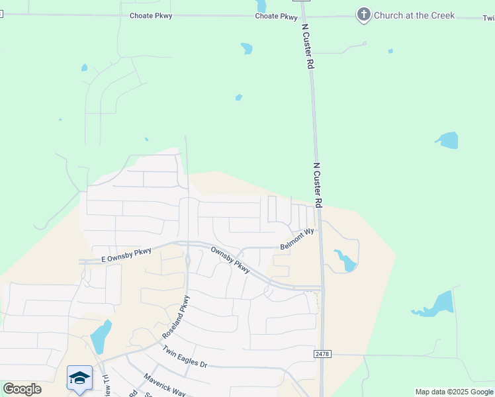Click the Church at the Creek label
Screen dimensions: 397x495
coord(414,15)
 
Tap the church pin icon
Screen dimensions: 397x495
coord(363,14)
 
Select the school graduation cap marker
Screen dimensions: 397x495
coord(79,378)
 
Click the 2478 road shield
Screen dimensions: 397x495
coord(322,355)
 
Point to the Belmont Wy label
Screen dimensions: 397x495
coord(296,239)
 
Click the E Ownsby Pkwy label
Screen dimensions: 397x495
coord(126,255)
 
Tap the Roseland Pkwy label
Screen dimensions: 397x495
coord(176,317)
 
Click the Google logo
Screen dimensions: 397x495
coord(22,389)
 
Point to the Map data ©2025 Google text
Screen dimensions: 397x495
coord(454,392)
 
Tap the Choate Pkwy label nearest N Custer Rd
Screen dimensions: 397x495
coord(276,16)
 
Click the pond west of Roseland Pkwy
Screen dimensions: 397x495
coord(101,337)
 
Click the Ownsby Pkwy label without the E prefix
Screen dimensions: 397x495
coord(230,259)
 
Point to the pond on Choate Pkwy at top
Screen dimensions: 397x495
coord(261,5)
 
